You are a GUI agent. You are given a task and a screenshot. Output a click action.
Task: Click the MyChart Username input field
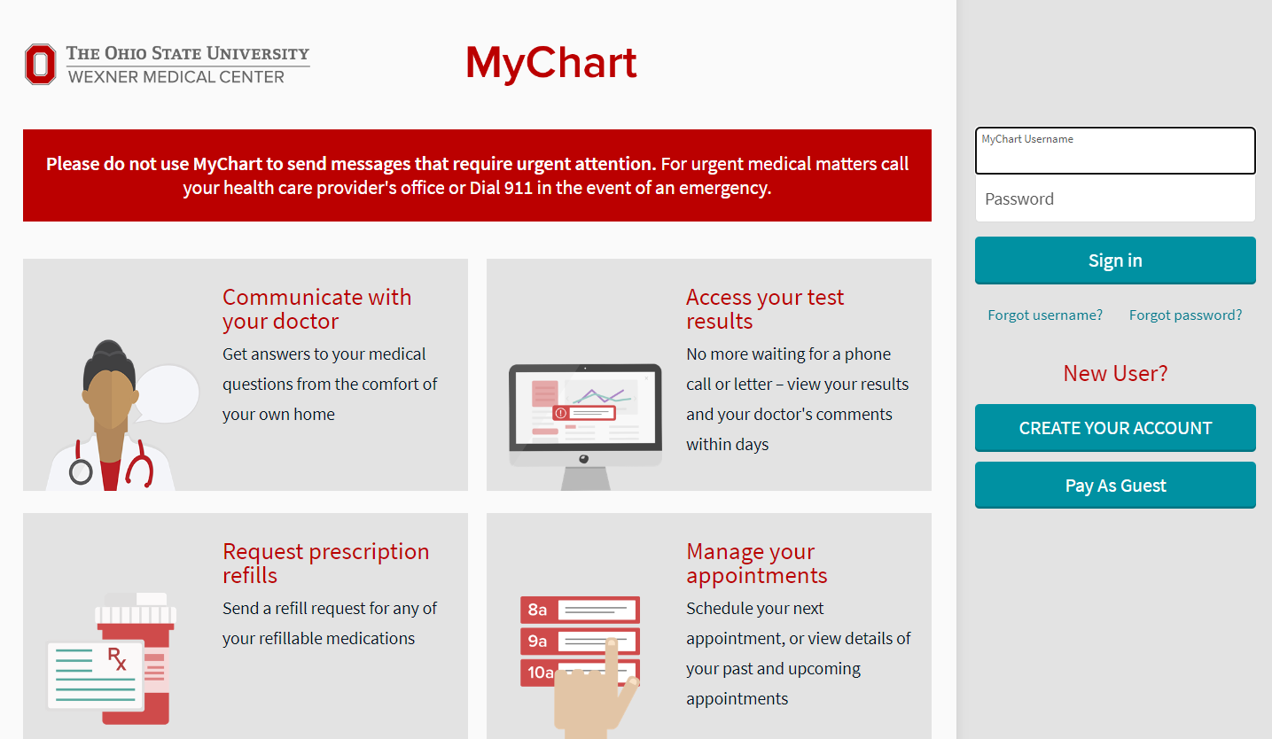click(x=1115, y=151)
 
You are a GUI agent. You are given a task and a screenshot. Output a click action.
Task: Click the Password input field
click(x=1115, y=198)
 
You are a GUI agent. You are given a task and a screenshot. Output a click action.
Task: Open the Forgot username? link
click(x=1045, y=315)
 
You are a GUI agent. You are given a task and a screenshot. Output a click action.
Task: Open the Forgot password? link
click(x=1185, y=315)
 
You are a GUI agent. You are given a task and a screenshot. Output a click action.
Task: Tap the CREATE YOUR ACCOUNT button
click(x=1115, y=428)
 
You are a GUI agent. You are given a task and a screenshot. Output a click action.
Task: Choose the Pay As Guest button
click(x=1115, y=486)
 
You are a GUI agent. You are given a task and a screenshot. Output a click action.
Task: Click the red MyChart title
click(x=550, y=64)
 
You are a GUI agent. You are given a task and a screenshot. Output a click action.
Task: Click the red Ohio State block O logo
click(x=40, y=64)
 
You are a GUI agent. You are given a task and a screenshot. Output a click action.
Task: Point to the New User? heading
click(x=1115, y=373)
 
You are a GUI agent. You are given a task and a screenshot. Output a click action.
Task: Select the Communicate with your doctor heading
click(x=316, y=308)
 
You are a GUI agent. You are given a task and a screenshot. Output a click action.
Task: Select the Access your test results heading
click(x=765, y=308)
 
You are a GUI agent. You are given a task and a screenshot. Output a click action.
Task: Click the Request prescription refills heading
click(x=325, y=563)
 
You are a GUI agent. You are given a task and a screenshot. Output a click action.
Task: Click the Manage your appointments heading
click(x=756, y=563)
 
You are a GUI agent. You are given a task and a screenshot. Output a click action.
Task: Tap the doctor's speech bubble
click(x=168, y=393)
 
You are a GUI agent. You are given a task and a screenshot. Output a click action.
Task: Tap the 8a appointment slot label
click(x=537, y=610)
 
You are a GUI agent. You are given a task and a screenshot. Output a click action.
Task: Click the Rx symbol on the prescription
click(x=117, y=658)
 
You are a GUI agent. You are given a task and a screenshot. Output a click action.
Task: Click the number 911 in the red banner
click(x=518, y=188)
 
